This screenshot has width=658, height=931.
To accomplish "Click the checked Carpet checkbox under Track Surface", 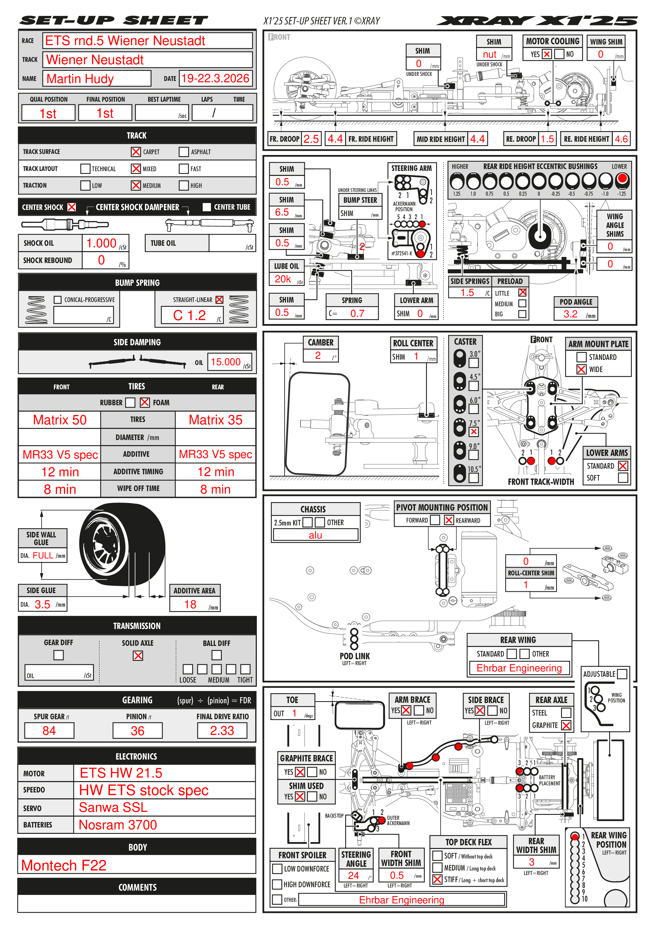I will pyautogui.click(x=136, y=152).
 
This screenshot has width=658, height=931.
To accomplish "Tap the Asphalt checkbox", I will pyautogui.click(x=184, y=152).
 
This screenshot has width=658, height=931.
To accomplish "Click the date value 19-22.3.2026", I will pyautogui.click(x=215, y=78).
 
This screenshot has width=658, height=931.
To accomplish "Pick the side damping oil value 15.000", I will pyautogui.click(x=226, y=362).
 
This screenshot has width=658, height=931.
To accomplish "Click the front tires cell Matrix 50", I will pyautogui.click(x=60, y=420).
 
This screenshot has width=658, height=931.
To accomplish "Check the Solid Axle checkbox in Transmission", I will pyautogui.click(x=138, y=656).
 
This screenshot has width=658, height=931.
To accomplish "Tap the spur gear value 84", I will pyautogui.click(x=49, y=731).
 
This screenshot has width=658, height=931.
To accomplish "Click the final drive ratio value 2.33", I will pyautogui.click(x=222, y=731).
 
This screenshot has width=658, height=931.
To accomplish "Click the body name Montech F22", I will pyautogui.click(x=64, y=865).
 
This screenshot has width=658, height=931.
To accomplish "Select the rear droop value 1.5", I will pyautogui.click(x=547, y=139).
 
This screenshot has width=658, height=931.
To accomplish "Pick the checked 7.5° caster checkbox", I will pyautogui.click(x=474, y=432).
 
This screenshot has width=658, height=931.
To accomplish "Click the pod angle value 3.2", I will pyautogui.click(x=570, y=314).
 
